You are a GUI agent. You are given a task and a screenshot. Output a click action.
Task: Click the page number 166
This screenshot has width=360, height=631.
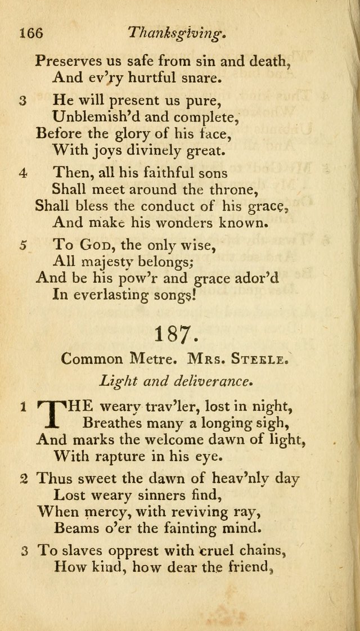click(x=31, y=33)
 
